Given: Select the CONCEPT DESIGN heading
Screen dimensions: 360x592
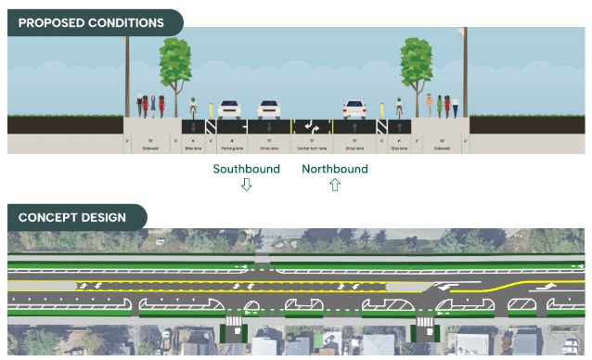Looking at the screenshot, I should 71,218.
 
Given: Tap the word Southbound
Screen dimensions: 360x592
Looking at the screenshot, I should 246,169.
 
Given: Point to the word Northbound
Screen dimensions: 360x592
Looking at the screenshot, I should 335,169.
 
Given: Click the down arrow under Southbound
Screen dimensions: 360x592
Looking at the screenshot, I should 246,185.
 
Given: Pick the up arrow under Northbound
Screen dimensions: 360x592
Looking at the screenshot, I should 335,185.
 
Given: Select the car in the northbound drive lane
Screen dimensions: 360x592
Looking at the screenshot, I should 354,109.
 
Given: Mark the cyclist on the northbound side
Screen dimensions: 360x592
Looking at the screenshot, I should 399,108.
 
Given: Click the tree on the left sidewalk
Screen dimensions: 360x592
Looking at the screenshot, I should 174,65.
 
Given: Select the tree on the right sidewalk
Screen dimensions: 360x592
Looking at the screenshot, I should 417,65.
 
